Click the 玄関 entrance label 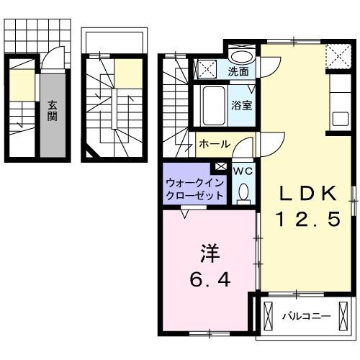click(x=53, y=111)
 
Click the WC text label click(x=241, y=171)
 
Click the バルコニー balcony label click(x=306, y=315)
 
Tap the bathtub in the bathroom click(x=212, y=106)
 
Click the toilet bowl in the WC click(x=243, y=192)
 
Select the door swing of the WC click(x=246, y=150)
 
